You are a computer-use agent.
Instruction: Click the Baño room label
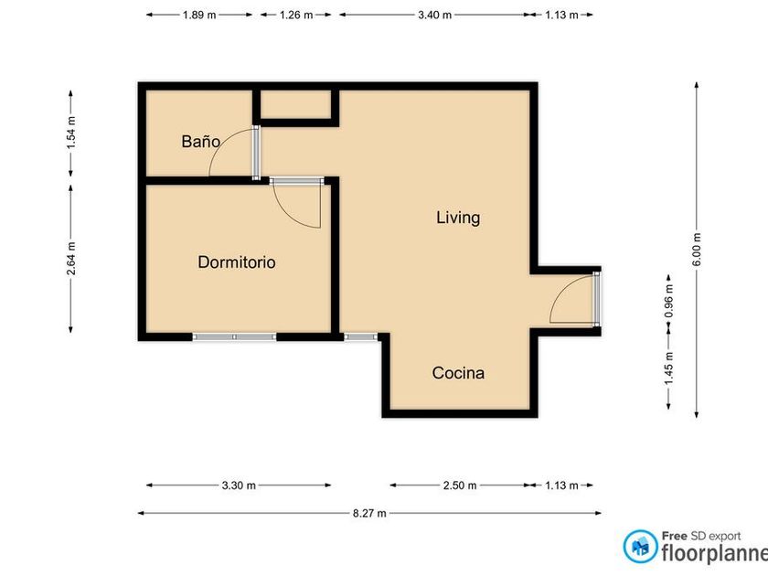click(x=200, y=142)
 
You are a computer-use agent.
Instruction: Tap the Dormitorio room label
click(x=237, y=262)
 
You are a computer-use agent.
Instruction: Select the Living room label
click(x=458, y=218)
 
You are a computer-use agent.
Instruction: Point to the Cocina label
click(x=458, y=373)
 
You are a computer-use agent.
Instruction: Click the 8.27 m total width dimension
click(x=369, y=513)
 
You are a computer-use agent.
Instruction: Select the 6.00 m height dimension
click(x=697, y=250)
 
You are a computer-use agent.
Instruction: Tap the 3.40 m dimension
click(x=434, y=15)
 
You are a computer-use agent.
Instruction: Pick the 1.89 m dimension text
click(x=199, y=15)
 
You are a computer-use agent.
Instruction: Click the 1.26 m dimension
click(x=296, y=15)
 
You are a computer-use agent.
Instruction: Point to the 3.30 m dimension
click(x=239, y=485)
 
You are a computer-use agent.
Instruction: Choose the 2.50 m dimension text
click(x=459, y=485)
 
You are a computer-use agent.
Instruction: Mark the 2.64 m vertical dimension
click(x=71, y=258)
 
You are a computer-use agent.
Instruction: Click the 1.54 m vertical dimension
click(x=71, y=133)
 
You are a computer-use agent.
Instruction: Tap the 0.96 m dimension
click(x=669, y=301)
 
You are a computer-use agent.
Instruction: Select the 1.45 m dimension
click(x=669, y=368)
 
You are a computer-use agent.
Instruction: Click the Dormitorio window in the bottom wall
click(x=234, y=337)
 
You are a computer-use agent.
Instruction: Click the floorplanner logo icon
click(x=640, y=546)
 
